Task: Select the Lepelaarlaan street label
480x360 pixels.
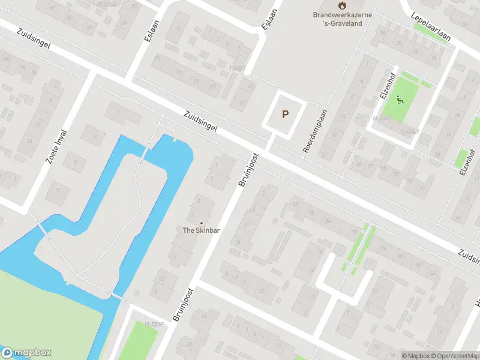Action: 431,27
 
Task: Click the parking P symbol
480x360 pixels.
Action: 285,114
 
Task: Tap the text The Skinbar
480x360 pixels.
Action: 201,230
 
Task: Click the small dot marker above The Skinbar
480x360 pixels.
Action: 201,223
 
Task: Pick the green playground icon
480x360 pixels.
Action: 401,100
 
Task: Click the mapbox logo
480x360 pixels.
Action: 26,352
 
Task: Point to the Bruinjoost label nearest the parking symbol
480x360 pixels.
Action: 247,170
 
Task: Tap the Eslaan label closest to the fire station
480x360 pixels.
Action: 268,18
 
